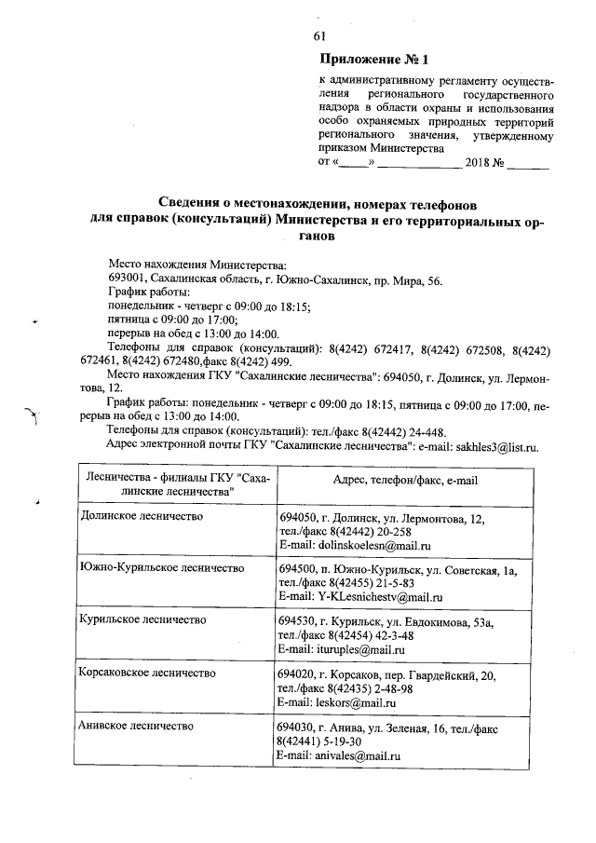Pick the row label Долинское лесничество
(142, 516)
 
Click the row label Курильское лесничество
(142, 619)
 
